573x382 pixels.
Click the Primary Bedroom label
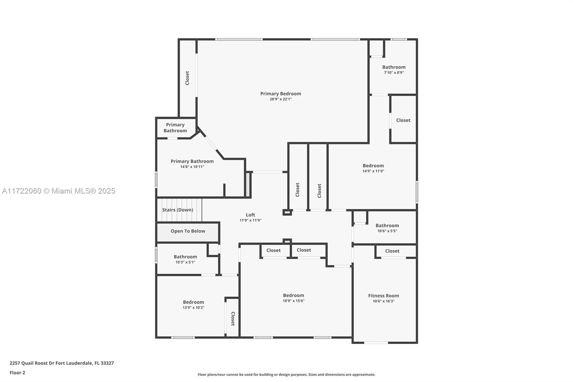pos(281,94)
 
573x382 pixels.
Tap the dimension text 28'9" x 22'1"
pos(281,99)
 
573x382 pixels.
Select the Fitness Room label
pos(384,296)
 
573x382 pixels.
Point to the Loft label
pos(250,215)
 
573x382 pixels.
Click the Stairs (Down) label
pos(178,210)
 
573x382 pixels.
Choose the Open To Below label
pos(188,231)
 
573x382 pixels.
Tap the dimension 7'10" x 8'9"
pos(394,73)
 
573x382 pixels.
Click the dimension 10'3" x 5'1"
pos(185,262)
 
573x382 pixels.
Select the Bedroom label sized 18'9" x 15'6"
pos(293,296)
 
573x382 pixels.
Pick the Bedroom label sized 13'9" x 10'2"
pos(193,302)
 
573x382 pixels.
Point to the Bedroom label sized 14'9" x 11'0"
pos(373,166)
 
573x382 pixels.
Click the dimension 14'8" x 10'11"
pos(192,167)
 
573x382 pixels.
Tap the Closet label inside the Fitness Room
pos(392,251)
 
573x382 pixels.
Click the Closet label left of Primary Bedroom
pos(187,78)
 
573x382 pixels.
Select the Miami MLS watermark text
pos(59,191)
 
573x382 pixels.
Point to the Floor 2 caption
pos(18,373)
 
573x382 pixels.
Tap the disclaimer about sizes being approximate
pos(286,374)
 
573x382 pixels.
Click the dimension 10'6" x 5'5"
pos(387,231)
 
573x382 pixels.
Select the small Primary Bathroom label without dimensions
pos(175,128)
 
